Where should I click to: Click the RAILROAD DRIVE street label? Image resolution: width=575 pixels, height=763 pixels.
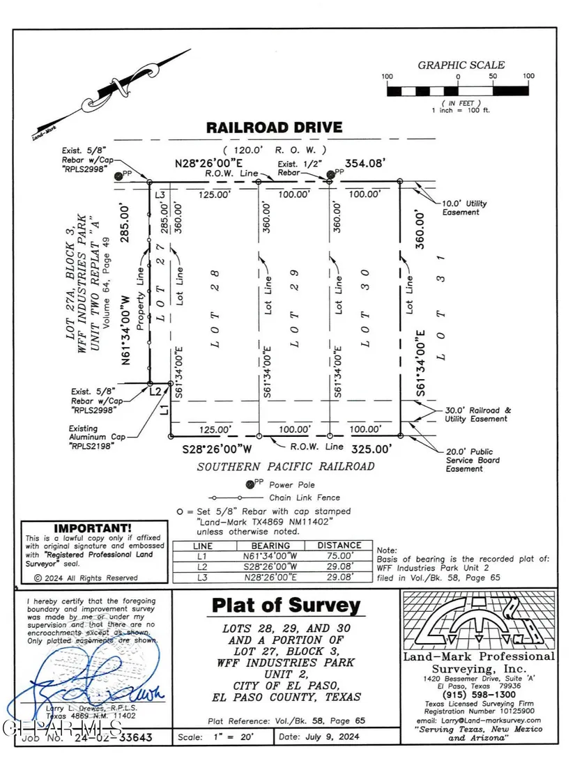[x=274, y=128]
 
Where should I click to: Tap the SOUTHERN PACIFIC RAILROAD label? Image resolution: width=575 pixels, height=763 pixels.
[x=285, y=467]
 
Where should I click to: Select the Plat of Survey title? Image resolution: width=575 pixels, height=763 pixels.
[x=286, y=606]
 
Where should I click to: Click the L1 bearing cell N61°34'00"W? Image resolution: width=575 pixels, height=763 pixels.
[x=270, y=556]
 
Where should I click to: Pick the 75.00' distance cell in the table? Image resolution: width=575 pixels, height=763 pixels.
[x=339, y=556]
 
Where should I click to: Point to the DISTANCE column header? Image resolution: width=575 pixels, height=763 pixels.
[x=339, y=546]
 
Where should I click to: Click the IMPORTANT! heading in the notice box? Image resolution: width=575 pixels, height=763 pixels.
[x=93, y=529]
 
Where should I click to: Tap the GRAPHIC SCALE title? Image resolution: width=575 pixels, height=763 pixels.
[x=461, y=65]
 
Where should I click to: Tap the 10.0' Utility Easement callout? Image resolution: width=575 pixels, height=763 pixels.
[x=465, y=208]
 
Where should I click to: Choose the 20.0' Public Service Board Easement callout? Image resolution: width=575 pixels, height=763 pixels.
[x=473, y=460]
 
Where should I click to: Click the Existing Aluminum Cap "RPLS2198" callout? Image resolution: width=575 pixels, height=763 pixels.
[x=93, y=437]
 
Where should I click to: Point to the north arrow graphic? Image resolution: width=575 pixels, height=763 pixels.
[x=112, y=91]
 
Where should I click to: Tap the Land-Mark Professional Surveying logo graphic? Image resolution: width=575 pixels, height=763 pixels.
[x=478, y=620]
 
